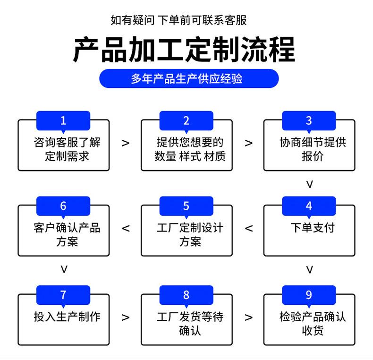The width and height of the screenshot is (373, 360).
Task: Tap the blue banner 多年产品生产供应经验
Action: (x=187, y=78)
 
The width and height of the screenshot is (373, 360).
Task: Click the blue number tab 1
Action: (x=63, y=120)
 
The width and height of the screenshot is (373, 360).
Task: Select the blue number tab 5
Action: (x=186, y=206)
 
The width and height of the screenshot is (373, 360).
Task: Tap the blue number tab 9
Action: (x=309, y=295)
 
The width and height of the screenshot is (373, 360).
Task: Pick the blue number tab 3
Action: (x=309, y=120)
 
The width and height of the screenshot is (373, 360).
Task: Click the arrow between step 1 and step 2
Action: (x=126, y=143)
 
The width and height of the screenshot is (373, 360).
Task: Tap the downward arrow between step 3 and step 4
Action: (x=310, y=184)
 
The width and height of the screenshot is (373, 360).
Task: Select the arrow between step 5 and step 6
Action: (x=126, y=229)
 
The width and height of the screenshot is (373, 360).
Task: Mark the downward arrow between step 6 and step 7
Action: (x=64, y=269)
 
